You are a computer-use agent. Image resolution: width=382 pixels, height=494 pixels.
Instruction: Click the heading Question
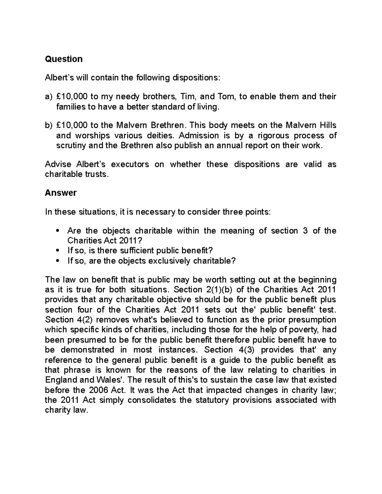pyautogui.click(x=64, y=59)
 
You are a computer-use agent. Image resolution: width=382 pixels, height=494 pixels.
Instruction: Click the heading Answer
pyautogui.click(x=61, y=193)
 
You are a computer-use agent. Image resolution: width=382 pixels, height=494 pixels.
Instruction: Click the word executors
pyautogui.click(x=130, y=164)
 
